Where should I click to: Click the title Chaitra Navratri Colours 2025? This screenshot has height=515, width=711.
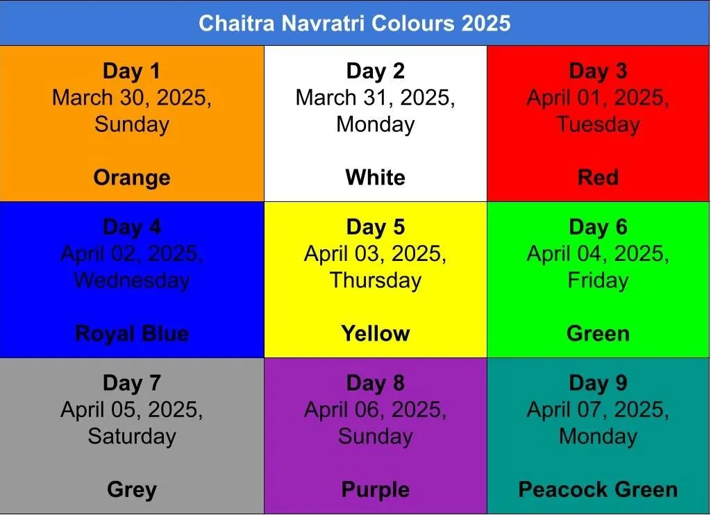(355, 23)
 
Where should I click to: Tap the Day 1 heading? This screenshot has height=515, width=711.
(131, 71)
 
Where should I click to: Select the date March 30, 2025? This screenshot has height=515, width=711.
(131, 97)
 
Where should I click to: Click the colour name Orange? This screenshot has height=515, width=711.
(132, 177)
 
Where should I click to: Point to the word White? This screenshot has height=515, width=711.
(376, 177)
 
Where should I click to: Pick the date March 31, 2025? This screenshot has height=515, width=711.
(376, 97)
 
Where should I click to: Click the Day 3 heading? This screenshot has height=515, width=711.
(598, 71)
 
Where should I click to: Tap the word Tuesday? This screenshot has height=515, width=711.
(598, 124)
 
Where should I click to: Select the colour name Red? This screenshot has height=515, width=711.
(598, 177)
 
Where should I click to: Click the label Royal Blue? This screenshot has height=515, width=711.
(132, 334)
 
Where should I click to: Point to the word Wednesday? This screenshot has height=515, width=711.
(132, 280)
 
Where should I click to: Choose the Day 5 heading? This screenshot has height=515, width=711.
(376, 227)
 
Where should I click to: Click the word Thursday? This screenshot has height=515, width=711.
(376, 280)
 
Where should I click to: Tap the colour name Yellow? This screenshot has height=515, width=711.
(376, 333)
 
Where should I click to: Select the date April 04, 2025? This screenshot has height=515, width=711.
(598, 253)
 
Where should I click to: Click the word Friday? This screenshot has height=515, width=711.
(598, 280)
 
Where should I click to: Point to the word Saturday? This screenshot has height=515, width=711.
(132, 436)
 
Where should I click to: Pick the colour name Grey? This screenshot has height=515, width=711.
(132, 489)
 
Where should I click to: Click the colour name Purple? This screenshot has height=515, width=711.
(376, 489)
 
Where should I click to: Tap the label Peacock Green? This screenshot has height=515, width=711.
(598, 489)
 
